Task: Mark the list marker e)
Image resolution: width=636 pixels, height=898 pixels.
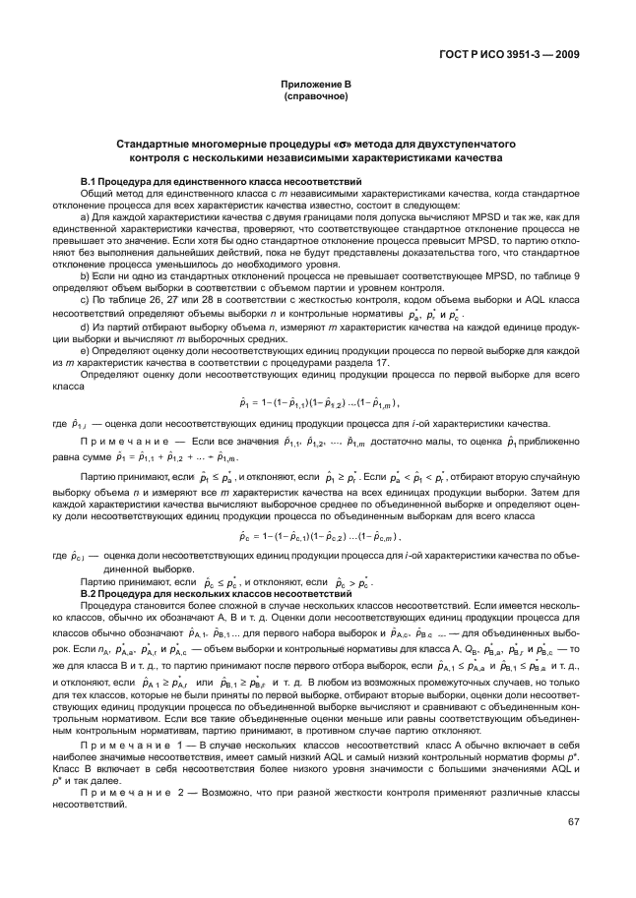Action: (x=85, y=350)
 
